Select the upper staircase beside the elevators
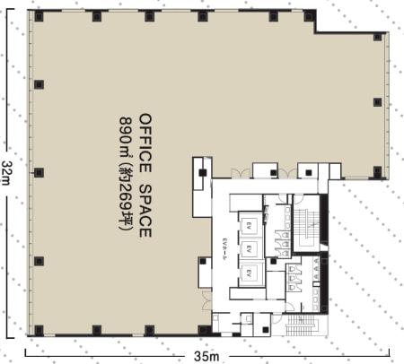(x=307, y=226)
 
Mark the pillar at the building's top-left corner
(x=39, y=16)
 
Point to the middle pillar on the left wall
(x=39, y=172)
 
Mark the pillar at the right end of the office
(x=378, y=171)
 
